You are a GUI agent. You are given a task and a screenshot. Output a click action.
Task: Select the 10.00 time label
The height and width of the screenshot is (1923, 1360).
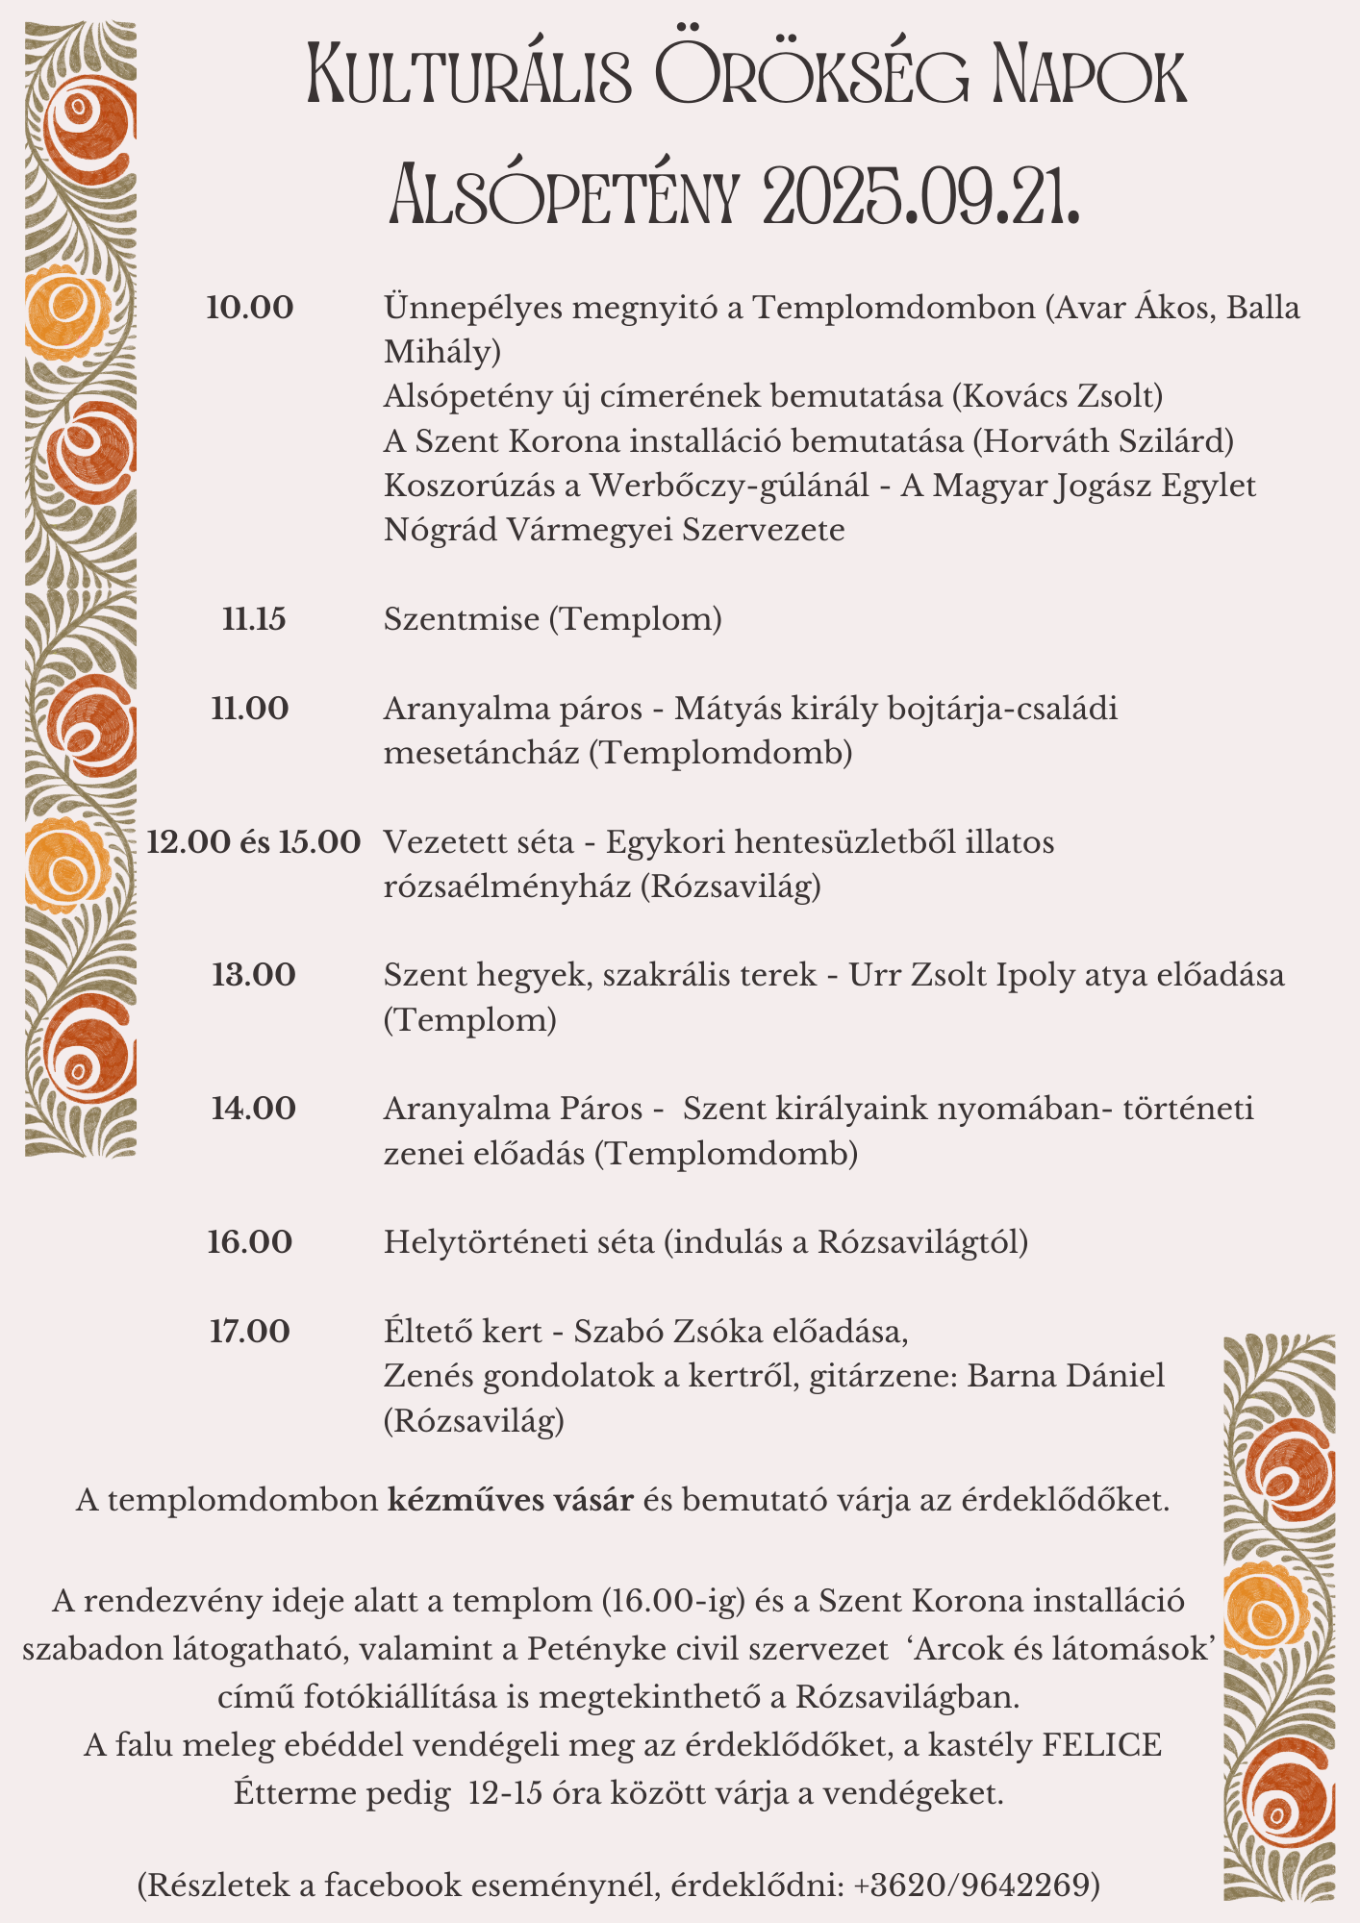[x=250, y=309]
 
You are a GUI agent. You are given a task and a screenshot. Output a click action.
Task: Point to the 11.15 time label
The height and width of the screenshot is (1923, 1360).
[x=254, y=619]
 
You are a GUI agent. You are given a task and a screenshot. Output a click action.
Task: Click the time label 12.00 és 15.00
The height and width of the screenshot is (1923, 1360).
[x=254, y=843]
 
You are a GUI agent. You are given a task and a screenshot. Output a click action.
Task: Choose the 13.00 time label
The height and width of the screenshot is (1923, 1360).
[x=254, y=976]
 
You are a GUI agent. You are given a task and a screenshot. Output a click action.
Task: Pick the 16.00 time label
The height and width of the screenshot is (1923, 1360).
[x=250, y=1242]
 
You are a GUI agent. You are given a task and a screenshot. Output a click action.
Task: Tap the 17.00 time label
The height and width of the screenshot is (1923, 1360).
[x=250, y=1332]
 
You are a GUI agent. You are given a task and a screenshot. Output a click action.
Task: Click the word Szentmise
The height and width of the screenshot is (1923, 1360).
[x=462, y=619]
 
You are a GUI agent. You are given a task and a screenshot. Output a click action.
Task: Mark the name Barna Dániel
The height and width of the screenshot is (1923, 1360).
[x=1066, y=1376]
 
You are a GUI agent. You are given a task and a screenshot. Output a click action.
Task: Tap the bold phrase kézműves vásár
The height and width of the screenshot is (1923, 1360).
[x=511, y=1501]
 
